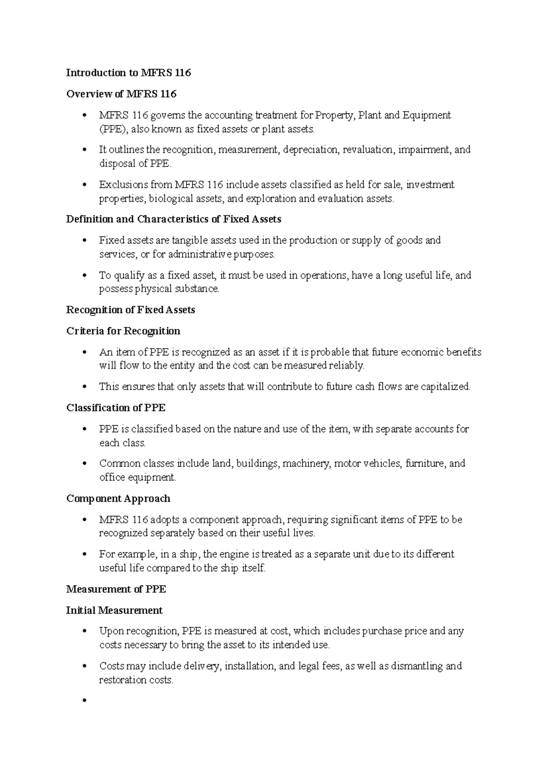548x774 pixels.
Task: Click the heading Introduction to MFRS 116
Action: [x=128, y=73]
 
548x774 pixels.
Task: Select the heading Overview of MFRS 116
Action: [x=121, y=94]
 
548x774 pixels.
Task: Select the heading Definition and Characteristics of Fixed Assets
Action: [x=174, y=219]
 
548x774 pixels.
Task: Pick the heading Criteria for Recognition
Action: [x=123, y=331]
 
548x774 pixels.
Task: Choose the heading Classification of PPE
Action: [x=116, y=408]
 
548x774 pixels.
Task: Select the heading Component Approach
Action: [x=118, y=498]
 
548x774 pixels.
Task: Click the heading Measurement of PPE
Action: [x=116, y=589]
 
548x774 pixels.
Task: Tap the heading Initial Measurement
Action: [x=114, y=610]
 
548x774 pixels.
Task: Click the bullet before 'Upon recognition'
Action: [x=84, y=632]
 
